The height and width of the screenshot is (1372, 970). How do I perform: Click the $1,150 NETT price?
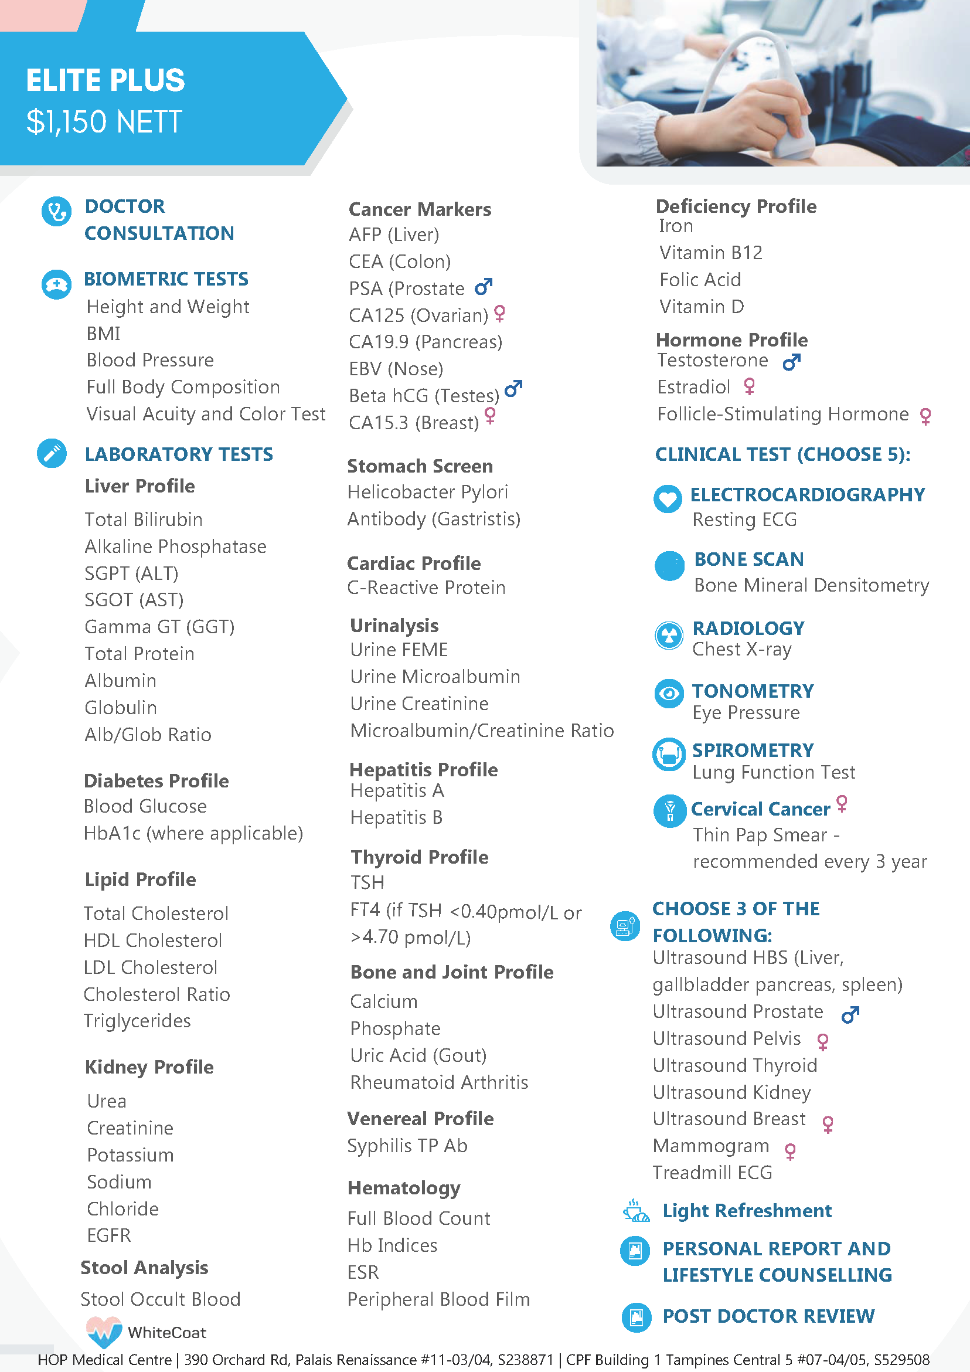tap(104, 122)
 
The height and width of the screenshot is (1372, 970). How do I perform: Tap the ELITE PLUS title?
tap(105, 81)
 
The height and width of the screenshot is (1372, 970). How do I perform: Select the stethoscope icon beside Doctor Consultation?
tap(56, 212)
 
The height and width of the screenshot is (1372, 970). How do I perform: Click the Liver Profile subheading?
tap(139, 486)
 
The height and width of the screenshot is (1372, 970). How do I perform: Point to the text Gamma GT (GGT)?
tap(159, 626)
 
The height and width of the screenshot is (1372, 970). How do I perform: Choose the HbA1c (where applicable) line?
tap(193, 833)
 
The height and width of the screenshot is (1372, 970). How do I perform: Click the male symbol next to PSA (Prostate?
tap(483, 287)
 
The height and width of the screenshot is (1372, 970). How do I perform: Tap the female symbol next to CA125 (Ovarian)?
tap(500, 313)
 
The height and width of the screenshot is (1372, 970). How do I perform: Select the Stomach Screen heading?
tap(420, 466)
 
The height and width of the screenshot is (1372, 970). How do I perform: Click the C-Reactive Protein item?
tap(426, 587)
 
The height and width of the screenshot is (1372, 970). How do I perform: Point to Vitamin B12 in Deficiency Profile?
tap(711, 253)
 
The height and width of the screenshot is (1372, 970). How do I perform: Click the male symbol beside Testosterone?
tap(791, 362)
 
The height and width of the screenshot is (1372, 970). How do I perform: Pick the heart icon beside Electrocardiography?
tap(667, 498)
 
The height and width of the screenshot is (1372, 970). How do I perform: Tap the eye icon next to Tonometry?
tap(669, 693)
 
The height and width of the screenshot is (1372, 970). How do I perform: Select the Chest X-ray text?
tap(742, 649)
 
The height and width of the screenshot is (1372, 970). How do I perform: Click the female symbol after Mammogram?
tap(790, 1151)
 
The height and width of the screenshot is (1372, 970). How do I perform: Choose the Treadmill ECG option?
tap(712, 1173)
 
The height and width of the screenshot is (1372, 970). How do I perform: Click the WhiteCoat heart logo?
tap(104, 1331)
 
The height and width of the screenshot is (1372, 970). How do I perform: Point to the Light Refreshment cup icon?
tap(636, 1211)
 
